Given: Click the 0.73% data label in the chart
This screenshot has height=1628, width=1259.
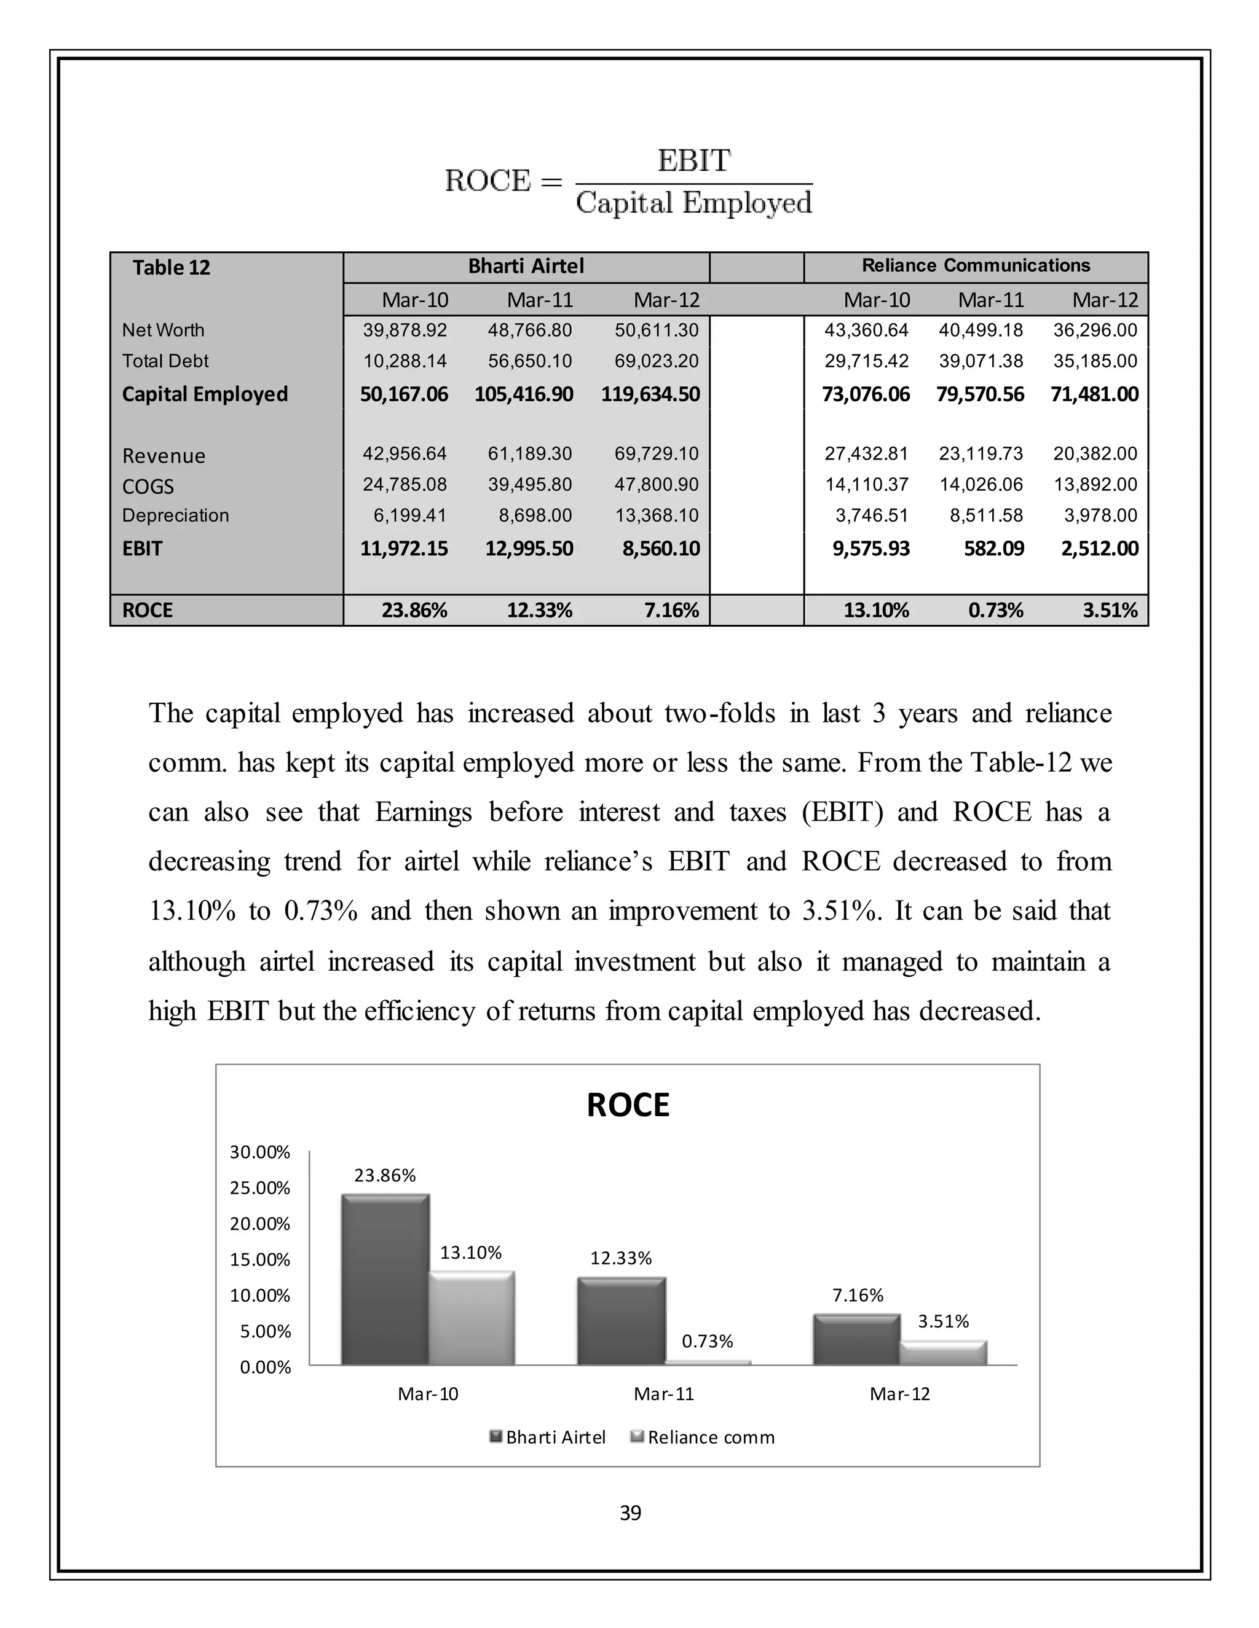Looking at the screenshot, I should (707, 1342).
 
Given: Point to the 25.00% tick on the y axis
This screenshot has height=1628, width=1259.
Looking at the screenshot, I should (259, 1188).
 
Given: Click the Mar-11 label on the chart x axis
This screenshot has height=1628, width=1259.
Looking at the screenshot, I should (664, 1394).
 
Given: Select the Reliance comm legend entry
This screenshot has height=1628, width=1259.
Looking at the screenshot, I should (703, 1437).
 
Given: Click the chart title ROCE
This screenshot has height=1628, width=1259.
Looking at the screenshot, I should (628, 1105).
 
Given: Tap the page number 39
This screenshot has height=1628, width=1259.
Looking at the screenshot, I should (630, 1513).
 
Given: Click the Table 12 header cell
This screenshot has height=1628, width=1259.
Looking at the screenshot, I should (172, 268).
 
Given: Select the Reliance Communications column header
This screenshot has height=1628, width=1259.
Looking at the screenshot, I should (976, 265).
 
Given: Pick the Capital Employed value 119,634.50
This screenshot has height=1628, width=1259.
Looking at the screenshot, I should (650, 394).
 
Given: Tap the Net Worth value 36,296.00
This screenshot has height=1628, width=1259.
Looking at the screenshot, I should (1095, 331).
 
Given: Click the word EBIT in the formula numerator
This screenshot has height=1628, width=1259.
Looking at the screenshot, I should (693, 161).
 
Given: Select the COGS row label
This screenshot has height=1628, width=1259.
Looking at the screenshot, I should (148, 487).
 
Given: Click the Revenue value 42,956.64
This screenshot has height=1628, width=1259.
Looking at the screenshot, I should (405, 454).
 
